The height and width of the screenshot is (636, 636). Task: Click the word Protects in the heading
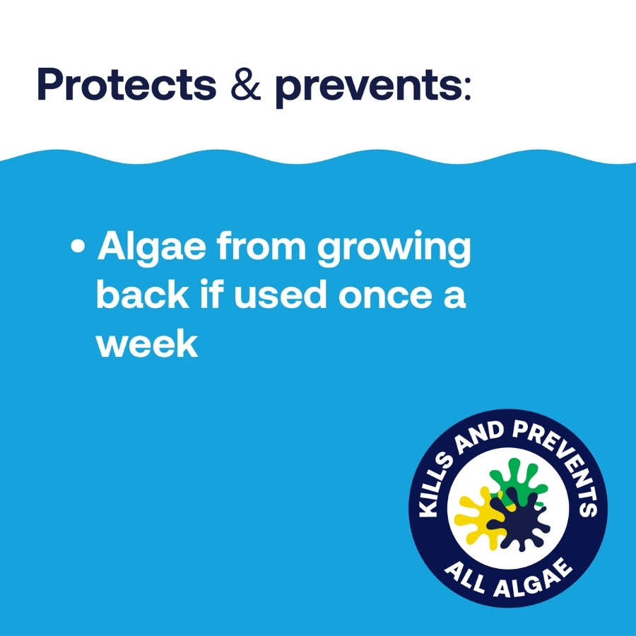(x=126, y=85)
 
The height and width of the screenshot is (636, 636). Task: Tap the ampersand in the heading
(x=245, y=85)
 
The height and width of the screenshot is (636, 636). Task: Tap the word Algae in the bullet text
(x=153, y=249)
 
